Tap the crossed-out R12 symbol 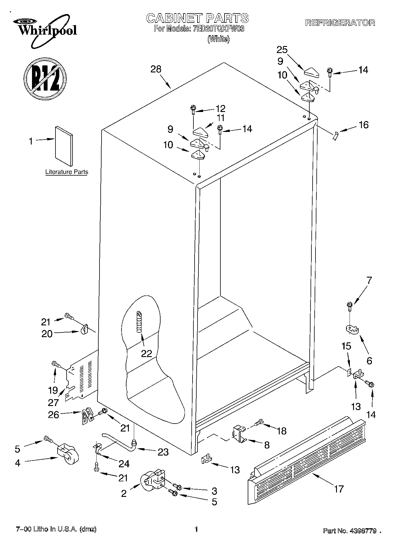pyautogui.click(x=45, y=78)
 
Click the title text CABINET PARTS pyautogui.click(x=197, y=18)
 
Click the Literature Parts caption pyautogui.click(x=67, y=172)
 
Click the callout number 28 pyautogui.click(x=156, y=69)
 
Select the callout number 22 pyautogui.click(x=146, y=354)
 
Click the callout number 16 pyautogui.click(x=363, y=125)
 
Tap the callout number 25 pyautogui.click(x=282, y=50)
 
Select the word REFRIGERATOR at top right pyautogui.click(x=340, y=23)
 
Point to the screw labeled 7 pyautogui.click(x=350, y=306)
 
